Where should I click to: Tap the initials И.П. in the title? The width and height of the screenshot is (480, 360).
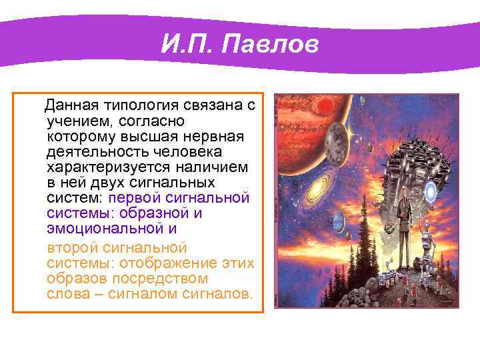[x=188, y=45]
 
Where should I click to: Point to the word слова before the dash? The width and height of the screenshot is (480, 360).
[x=66, y=293]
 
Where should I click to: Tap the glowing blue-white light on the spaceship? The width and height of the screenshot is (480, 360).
[x=431, y=192]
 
